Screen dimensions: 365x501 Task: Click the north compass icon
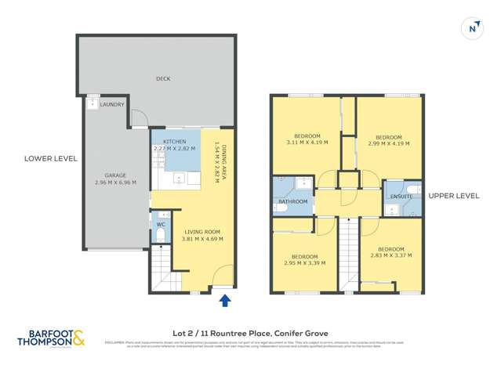point(473,27)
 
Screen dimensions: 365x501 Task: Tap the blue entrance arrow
point(226,300)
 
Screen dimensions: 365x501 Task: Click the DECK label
point(163,78)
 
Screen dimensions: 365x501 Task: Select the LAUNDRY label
point(112,104)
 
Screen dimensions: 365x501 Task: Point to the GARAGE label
point(116,175)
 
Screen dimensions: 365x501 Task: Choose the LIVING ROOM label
point(202,232)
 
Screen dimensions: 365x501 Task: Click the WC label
point(161,225)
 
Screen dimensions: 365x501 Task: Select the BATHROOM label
point(292,201)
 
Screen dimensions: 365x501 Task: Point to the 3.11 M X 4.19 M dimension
point(307,143)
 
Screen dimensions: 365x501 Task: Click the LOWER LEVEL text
point(51,158)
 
